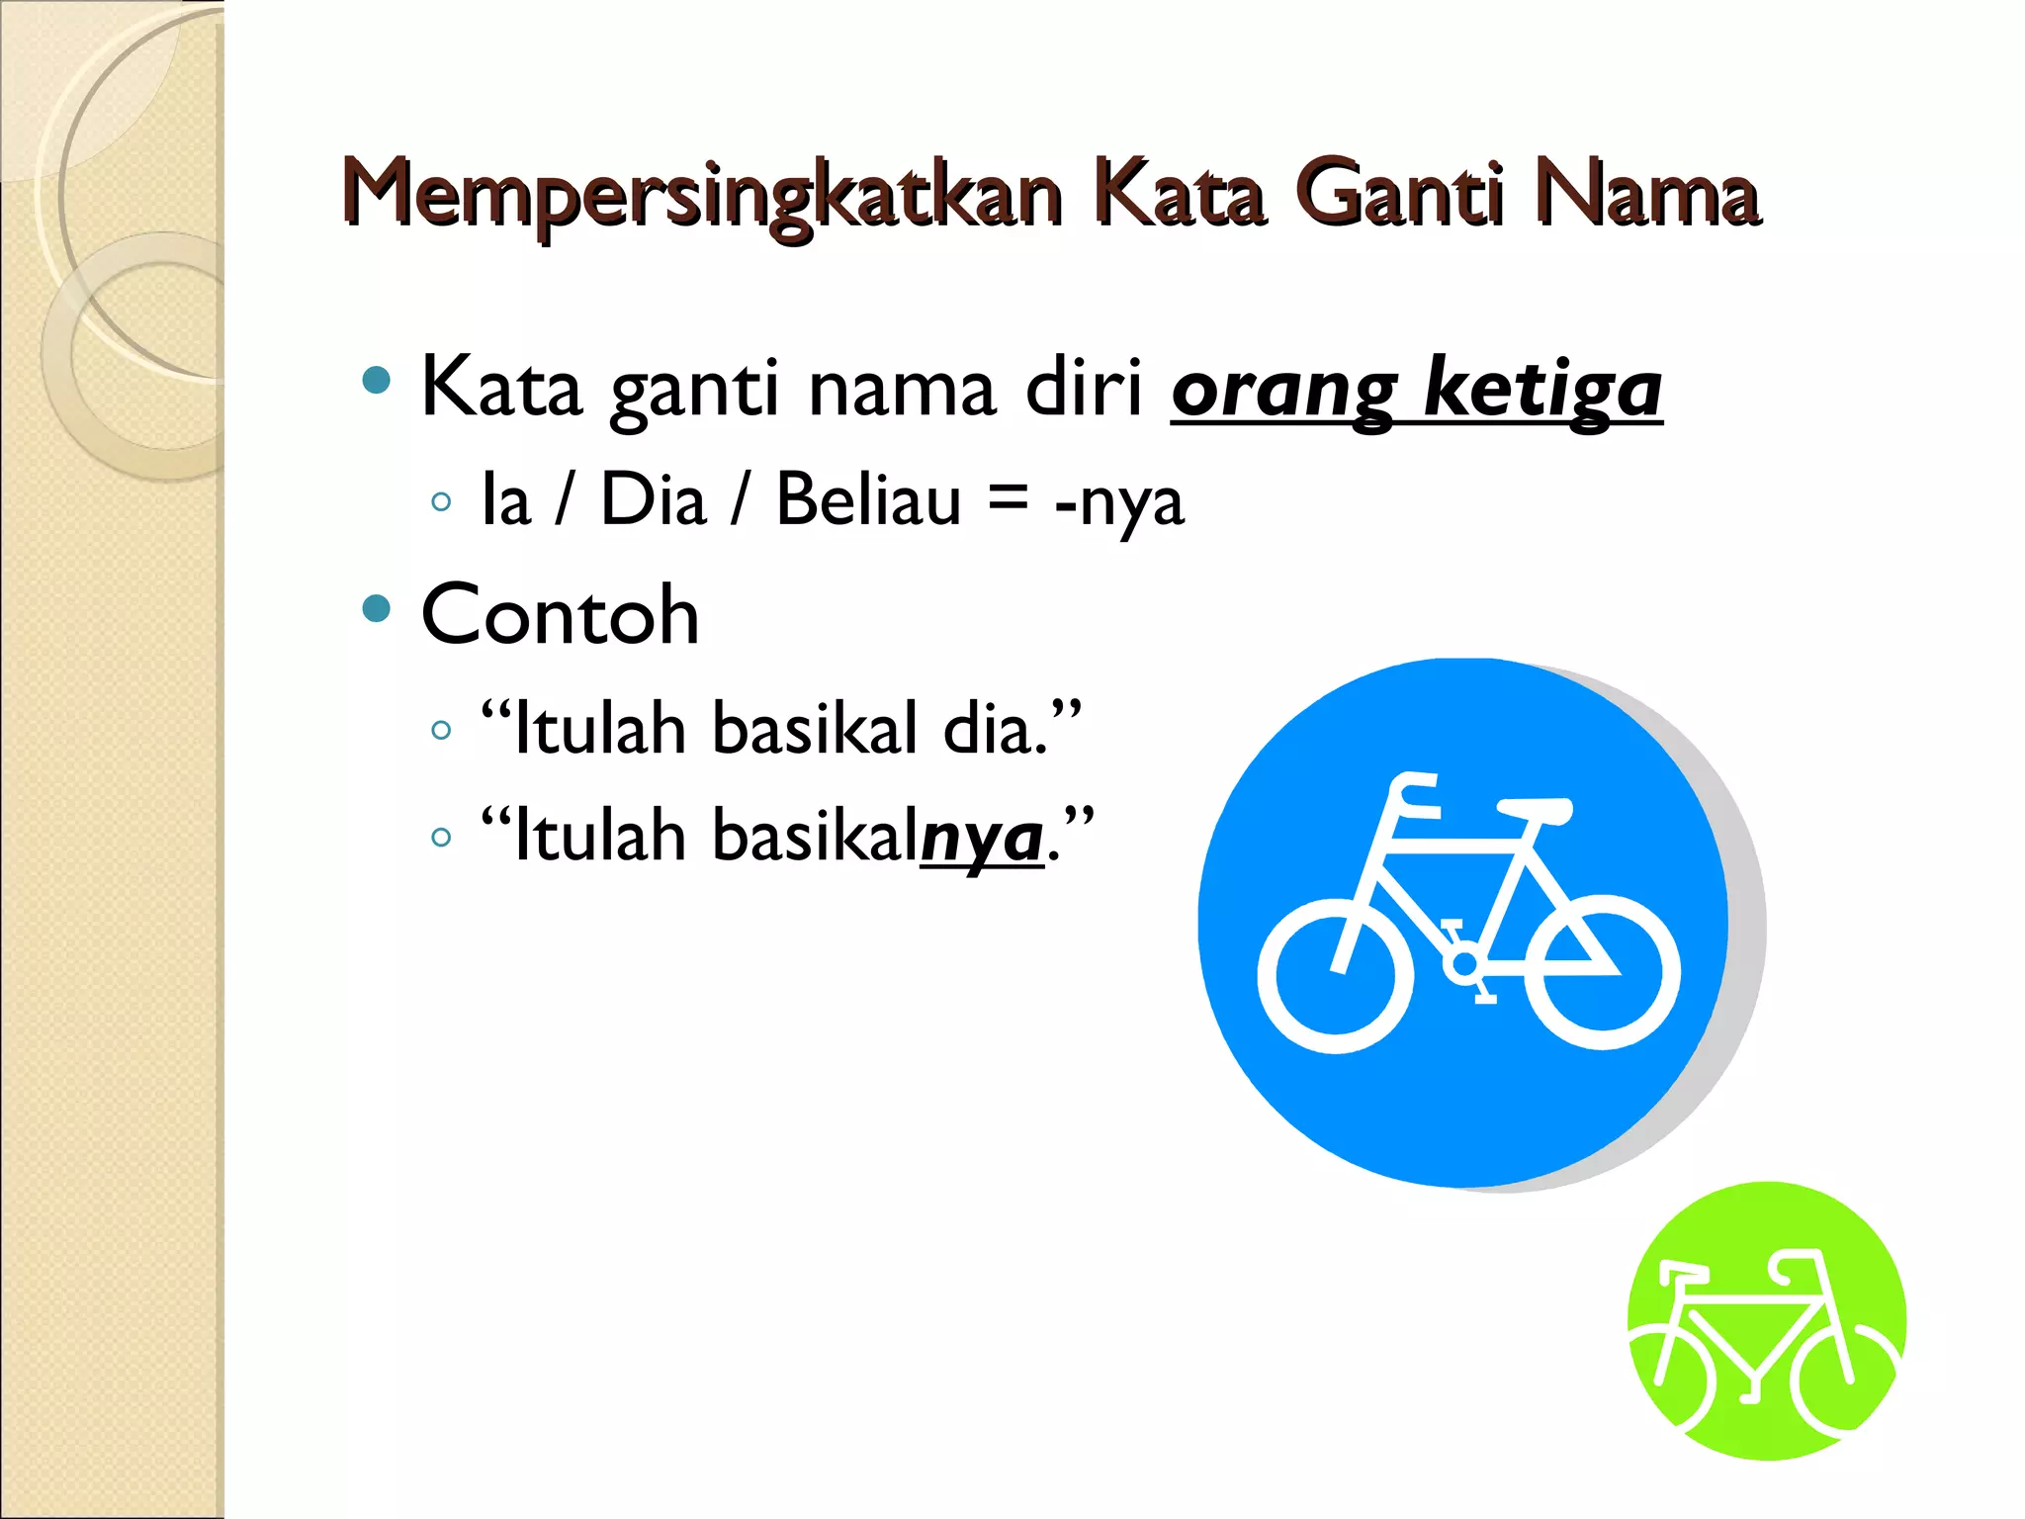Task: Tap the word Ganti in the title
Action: pyautogui.click(x=1398, y=195)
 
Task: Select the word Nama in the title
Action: pyautogui.click(x=1646, y=195)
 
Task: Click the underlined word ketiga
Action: pyautogui.click(x=1542, y=390)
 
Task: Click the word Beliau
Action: pyautogui.click(x=868, y=499)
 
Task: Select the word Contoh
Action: pyautogui.click(x=560, y=615)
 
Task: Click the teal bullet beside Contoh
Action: pyautogui.click(x=377, y=607)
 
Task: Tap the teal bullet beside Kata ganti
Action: pyautogui.click(x=377, y=380)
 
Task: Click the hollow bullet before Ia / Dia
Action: pyautogui.click(x=441, y=502)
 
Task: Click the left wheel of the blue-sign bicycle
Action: pyautogui.click(x=1334, y=975)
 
